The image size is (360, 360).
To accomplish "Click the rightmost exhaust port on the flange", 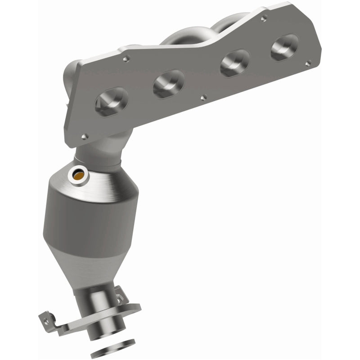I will click(x=284, y=47).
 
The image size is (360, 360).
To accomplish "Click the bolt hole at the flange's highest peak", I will click(x=264, y=18).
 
